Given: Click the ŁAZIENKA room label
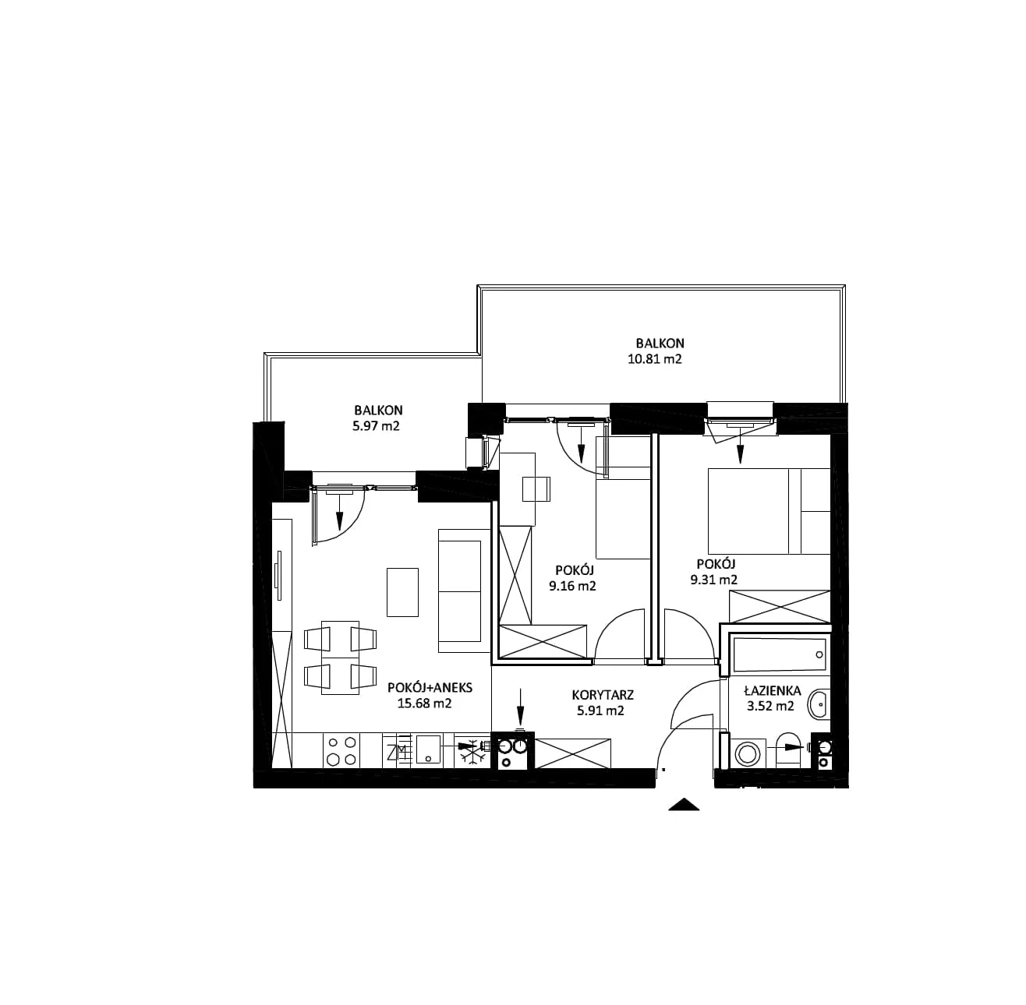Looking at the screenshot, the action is point(772,691).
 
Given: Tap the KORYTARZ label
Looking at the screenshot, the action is point(603,695).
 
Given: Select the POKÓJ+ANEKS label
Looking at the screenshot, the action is point(430,688).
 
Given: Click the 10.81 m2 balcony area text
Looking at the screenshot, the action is point(654,359).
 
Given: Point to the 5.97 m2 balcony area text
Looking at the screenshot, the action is point(376,426).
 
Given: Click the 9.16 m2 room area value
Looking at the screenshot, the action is point(572,587).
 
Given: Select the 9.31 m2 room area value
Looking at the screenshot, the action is point(713,580).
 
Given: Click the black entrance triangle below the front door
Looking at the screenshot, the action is point(684,805).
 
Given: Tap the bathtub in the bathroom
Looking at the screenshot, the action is point(780,654).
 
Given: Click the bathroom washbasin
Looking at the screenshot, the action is point(819,705).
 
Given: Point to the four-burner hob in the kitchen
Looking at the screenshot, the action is point(341,750).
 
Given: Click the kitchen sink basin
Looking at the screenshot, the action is point(428,749).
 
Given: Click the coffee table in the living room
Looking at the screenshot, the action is point(402,592).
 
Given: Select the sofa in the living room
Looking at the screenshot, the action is point(464,591).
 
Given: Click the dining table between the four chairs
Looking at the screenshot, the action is point(340,658).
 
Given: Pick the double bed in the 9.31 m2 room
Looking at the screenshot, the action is point(769,511).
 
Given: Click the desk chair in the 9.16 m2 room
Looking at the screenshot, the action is point(536,489).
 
